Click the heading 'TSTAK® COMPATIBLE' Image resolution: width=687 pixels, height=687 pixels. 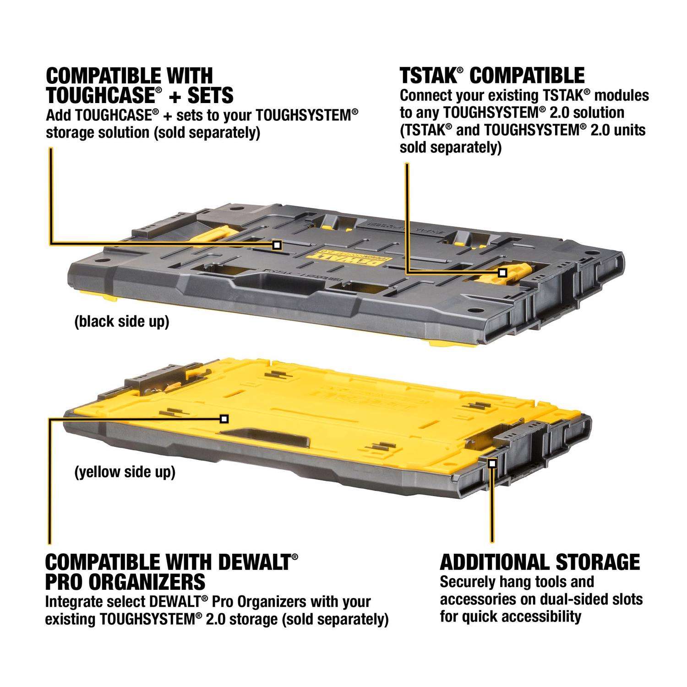point(492,76)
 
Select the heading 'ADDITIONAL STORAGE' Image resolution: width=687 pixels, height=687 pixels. point(540,562)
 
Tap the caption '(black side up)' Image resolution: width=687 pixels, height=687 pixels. point(121,322)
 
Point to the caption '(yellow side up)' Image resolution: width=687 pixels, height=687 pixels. point(125,472)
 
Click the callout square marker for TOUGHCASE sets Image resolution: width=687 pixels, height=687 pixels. point(277,245)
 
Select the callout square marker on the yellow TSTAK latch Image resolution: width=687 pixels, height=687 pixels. point(502,273)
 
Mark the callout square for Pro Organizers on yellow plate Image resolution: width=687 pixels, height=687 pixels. point(224,419)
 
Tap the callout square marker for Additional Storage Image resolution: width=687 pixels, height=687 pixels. point(492,463)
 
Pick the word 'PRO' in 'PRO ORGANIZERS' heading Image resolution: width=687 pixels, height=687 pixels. point(65,582)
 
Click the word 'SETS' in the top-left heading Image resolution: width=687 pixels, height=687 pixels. point(210,95)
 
